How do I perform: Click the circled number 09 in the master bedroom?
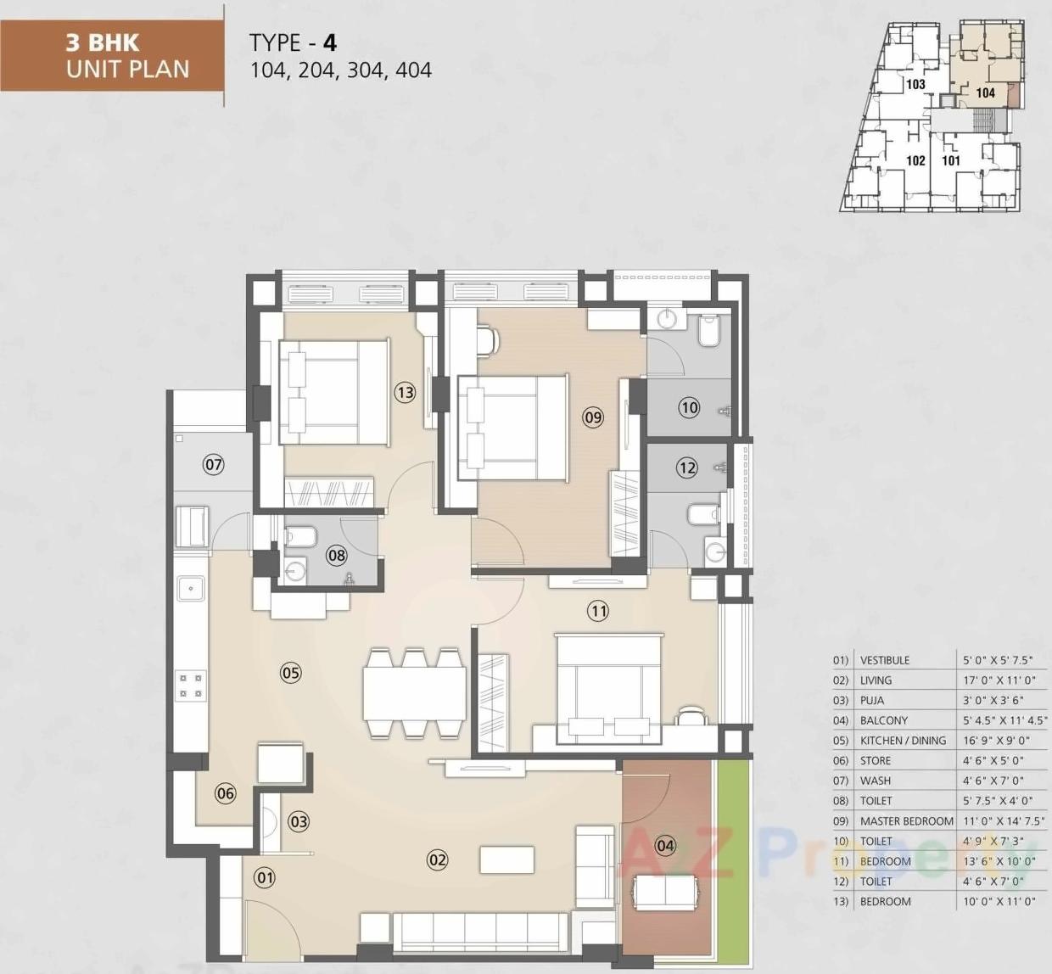click(x=592, y=417)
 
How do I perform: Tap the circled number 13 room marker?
click(x=405, y=392)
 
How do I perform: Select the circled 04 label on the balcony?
click(x=665, y=845)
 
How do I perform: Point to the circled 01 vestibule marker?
click(x=265, y=877)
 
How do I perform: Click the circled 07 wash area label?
click(x=213, y=464)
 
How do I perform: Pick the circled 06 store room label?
click(x=225, y=793)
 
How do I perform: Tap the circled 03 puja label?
click(x=299, y=821)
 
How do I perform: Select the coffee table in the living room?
click(x=506, y=859)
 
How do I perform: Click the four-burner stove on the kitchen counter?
click(x=191, y=686)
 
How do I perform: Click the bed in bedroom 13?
click(x=333, y=392)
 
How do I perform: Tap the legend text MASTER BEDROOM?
click(x=906, y=820)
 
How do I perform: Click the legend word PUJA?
click(x=872, y=700)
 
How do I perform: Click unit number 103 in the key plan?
click(x=915, y=84)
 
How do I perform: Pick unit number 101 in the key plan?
click(x=951, y=160)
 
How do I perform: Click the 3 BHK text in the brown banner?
click(x=103, y=42)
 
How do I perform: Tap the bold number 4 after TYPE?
click(x=329, y=42)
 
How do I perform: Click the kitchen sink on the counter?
click(x=191, y=588)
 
